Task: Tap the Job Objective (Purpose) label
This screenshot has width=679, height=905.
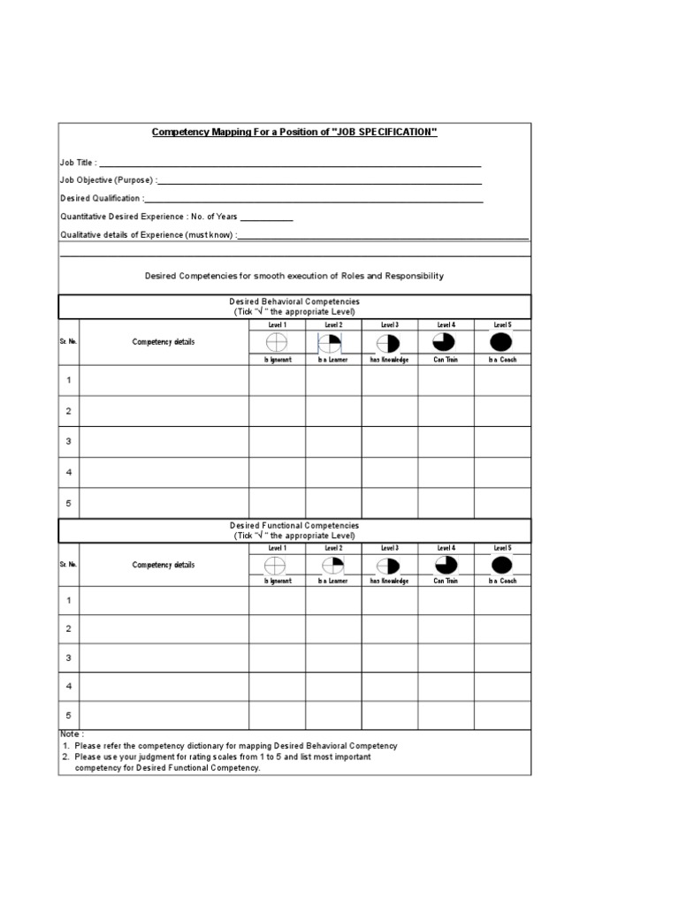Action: click(x=106, y=180)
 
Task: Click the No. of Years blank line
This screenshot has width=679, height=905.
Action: click(x=266, y=217)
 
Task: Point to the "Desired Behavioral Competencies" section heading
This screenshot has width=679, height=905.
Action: click(x=294, y=302)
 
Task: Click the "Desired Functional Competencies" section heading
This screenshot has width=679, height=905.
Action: click(x=294, y=526)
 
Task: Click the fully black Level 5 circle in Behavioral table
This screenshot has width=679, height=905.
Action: click(x=501, y=343)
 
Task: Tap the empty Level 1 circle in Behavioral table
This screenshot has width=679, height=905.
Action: click(x=277, y=343)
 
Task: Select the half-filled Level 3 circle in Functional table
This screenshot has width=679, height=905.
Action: click(x=389, y=566)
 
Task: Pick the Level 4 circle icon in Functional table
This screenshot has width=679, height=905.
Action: click(x=446, y=566)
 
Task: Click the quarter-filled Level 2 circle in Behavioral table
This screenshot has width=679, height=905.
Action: click(x=332, y=343)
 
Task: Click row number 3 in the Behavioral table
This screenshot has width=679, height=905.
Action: click(x=69, y=442)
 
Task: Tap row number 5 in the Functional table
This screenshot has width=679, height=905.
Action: click(x=69, y=716)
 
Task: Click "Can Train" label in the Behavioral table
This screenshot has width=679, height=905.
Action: click(x=446, y=361)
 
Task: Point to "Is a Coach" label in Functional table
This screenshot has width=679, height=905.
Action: click(x=501, y=582)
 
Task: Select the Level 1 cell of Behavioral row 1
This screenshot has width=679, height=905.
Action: click(x=277, y=381)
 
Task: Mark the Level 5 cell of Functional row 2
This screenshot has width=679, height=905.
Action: click(x=502, y=629)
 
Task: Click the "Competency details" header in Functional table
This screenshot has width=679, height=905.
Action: click(x=164, y=566)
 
